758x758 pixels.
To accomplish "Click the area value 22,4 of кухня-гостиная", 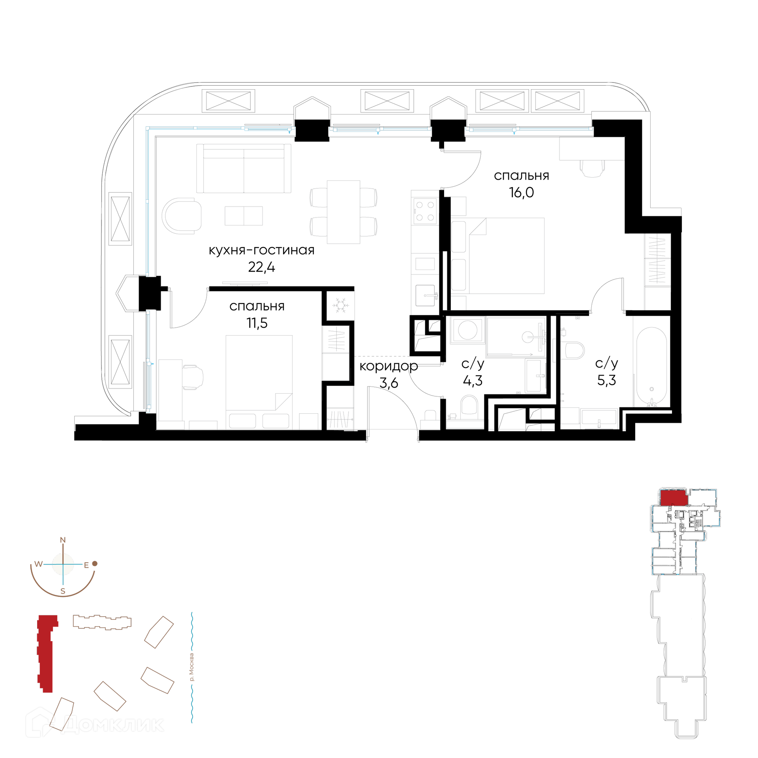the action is [x=261, y=267].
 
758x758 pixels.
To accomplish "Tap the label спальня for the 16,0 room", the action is [x=521, y=176].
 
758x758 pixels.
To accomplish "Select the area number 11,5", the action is [x=257, y=323].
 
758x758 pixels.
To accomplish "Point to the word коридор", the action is [x=388, y=367].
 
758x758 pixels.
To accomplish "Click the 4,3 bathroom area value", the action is [x=473, y=381].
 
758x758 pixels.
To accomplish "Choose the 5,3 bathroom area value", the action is [x=606, y=380].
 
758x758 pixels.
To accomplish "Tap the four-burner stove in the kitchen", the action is [x=425, y=211].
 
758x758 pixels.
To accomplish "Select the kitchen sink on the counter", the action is [x=425, y=296].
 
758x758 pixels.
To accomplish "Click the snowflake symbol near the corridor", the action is [x=340, y=305].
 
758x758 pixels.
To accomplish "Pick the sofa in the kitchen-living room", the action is [x=244, y=168].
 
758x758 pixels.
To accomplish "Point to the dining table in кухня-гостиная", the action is [x=343, y=212].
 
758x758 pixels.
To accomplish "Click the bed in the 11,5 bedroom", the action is [x=259, y=382].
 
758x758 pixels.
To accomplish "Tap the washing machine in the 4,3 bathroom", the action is [x=467, y=330].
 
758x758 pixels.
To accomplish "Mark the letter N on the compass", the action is [x=62, y=540].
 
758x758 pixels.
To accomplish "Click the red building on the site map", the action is [x=46, y=653].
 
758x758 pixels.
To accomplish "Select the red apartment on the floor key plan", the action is [x=674, y=497].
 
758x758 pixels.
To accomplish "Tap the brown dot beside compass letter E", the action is [x=95, y=564].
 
